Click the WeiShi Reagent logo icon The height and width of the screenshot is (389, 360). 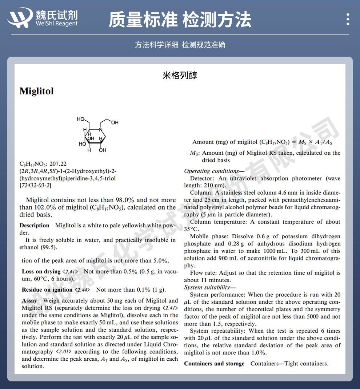click(x=20, y=17)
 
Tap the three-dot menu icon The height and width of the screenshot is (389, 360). click(x=348, y=19)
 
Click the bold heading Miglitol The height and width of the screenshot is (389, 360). click(x=37, y=91)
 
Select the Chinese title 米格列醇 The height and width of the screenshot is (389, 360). click(x=180, y=76)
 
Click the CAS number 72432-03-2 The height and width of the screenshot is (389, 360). click(x=35, y=186)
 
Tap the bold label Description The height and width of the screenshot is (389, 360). click(x=34, y=226)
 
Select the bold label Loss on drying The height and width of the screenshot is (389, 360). click(x=41, y=272)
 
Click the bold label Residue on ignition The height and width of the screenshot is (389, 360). click(x=47, y=290)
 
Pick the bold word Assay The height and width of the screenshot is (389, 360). click(x=29, y=301)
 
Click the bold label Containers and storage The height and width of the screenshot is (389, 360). click(x=214, y=364)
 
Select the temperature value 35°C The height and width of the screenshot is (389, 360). click(x=192, y=229)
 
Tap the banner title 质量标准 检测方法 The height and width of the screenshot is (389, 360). click(x=180, y=19)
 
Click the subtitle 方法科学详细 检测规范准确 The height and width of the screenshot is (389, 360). click(x=180, y=45)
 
